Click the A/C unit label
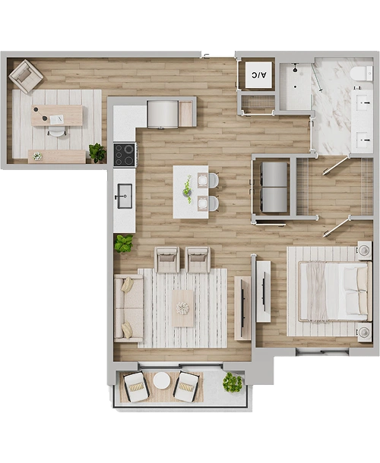point(258,75)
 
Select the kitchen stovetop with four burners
point(125,154)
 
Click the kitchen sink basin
point(125,196)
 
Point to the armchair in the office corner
point(26,76)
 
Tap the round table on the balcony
point(161,380)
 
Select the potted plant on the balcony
point(233,382)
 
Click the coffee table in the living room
point(183,308)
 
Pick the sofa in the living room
point(128,308)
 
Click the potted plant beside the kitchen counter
point(124,244)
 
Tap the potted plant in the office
point(97,153)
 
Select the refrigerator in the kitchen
point(163,115)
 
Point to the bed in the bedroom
point(334,291)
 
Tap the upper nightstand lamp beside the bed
point(365,250)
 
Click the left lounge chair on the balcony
point(136,387)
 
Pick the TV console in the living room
point(242,307)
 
